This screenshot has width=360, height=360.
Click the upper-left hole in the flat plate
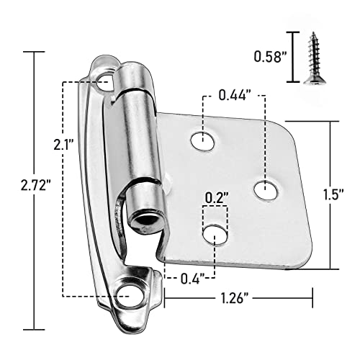pos(204,140)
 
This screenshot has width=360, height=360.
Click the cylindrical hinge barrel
pos(135,137)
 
